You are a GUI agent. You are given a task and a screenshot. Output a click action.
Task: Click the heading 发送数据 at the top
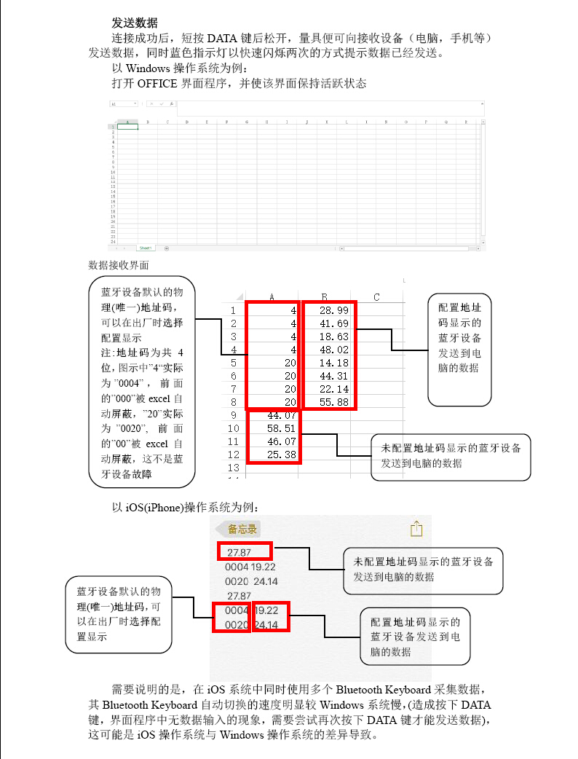click(x=134, y=23)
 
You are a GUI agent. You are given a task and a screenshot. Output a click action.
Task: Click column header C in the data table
click(x=376, y=296)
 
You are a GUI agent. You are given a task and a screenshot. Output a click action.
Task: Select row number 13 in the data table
click(x=234, y=467)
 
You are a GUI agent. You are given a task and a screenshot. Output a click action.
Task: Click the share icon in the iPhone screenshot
click(x=416, y=528)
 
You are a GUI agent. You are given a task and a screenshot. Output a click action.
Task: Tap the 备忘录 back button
click(x=240, y=529)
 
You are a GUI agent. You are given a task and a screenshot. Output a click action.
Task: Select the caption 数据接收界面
click(x=118, y=264)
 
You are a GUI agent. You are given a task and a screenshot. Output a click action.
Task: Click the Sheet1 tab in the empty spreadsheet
click(x=146, y=248)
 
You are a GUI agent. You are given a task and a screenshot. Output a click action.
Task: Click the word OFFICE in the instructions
click(x=157, y=83)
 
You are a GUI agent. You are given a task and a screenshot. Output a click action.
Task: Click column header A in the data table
click(x=272, y=296)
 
